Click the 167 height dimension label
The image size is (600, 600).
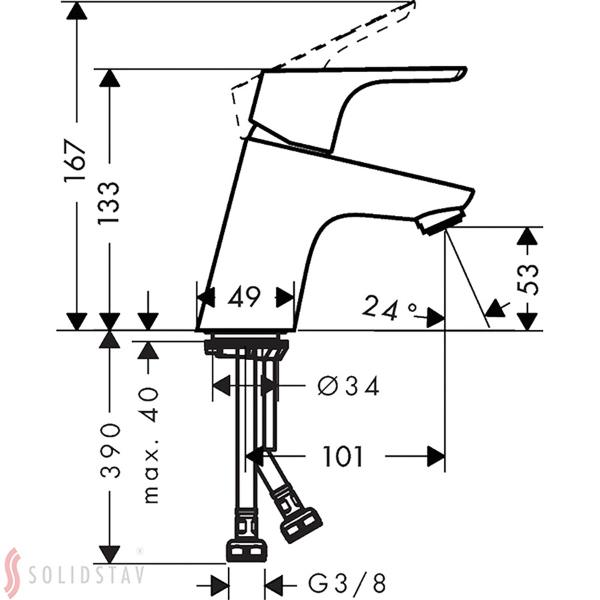(x=75, y=161)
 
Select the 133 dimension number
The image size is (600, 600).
(x=109, y=203)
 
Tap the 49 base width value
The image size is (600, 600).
(x=244, y=297)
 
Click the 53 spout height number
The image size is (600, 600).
(x=527, y=278)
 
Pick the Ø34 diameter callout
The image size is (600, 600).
(x=348, y=386)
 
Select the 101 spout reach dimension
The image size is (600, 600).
(x=343, y=456)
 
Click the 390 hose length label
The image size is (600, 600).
(x=110, y=450)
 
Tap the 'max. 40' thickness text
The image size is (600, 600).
(x=151, y=445)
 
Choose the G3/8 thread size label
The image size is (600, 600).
(x=347, y=583)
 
